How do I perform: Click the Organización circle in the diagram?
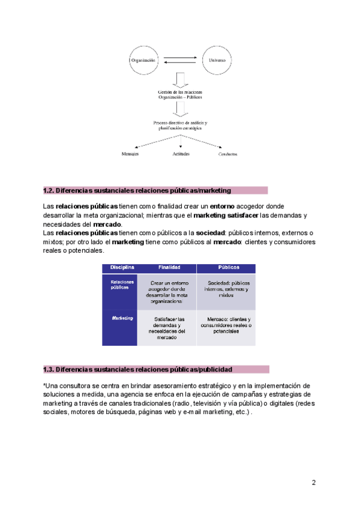pyautogui.click(x=145, y=60)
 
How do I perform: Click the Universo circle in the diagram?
pyautogui.click(x=217, y=60)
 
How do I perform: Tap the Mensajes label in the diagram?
pyautogui.click(x=130, y=154)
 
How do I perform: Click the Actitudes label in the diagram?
pyautogui.click(x=181, y=154)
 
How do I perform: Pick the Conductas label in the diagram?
pyautogui.click(x=227, y=155)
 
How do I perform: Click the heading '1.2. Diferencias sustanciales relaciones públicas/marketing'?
pyautogui.click(x=137, y=190)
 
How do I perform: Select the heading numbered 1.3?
pyautogui.click(x=137, y=369)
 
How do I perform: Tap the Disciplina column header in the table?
pyautogui.click(x=121, y=268)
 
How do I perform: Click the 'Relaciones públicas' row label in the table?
pyautogui.click(x=120, y=284)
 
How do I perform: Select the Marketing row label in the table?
pyautogui.click(x=121, y=318)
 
